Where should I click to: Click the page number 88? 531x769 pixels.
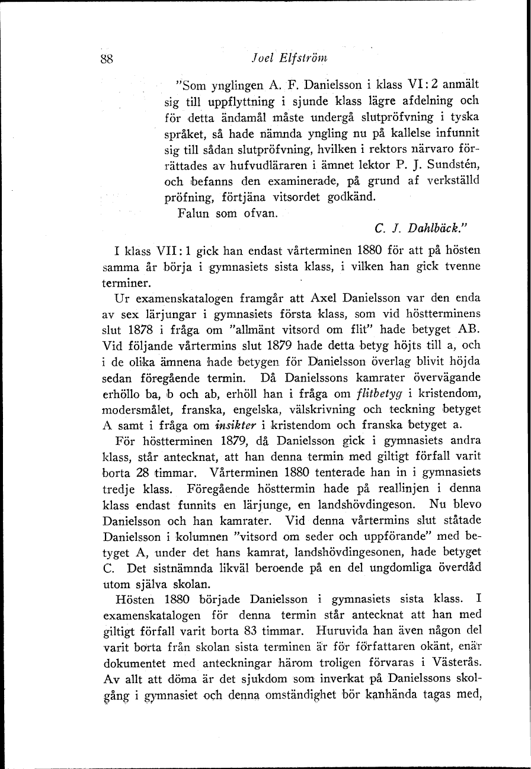pos(107,59)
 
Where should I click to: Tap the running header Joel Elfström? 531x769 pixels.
pos(289,58)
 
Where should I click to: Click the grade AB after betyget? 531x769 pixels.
pos(468,329)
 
